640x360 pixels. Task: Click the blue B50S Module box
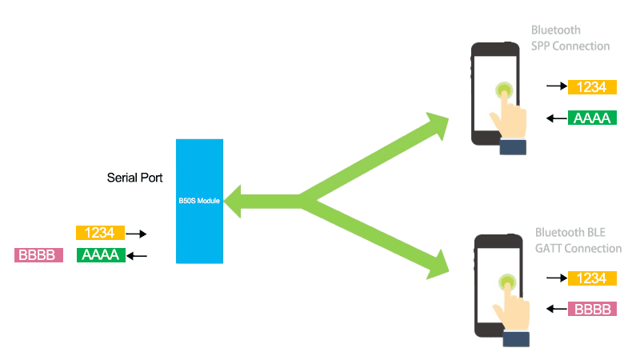coord(199,201)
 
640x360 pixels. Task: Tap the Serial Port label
coord(135,177)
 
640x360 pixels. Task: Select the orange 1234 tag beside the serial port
coord(100,233)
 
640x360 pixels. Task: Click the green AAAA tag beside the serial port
coord(101,255)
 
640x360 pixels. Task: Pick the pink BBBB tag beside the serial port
coord(38,255)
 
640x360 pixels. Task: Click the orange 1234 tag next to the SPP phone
coord(592,86)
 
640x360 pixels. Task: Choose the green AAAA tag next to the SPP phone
coord(592,118)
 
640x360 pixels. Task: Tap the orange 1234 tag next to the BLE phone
coord(592,278)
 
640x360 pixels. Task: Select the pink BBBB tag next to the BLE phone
coord(592,309)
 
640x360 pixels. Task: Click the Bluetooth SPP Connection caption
coord(570,38)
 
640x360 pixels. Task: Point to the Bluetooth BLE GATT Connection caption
coord(578,240)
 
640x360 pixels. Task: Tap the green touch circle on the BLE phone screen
coord(506,282)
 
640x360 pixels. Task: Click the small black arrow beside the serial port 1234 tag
coord(138,234)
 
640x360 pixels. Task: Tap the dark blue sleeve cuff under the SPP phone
coord(514,146)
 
